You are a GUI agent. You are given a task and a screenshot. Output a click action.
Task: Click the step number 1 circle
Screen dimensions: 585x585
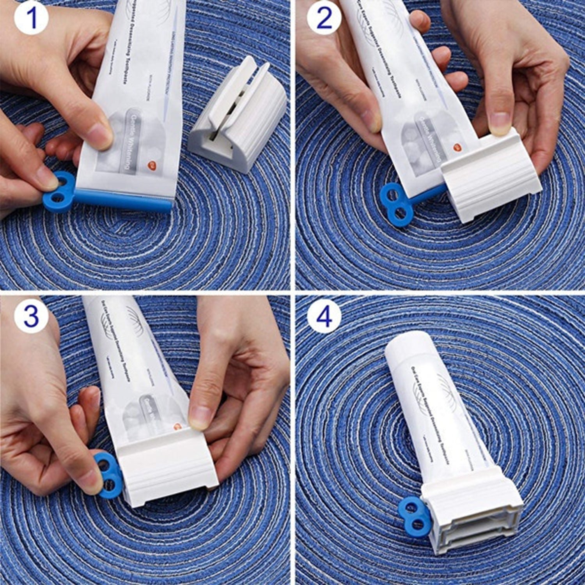coord(31,18)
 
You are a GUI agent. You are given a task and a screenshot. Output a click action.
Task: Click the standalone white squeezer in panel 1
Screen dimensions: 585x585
coord(238,117)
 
